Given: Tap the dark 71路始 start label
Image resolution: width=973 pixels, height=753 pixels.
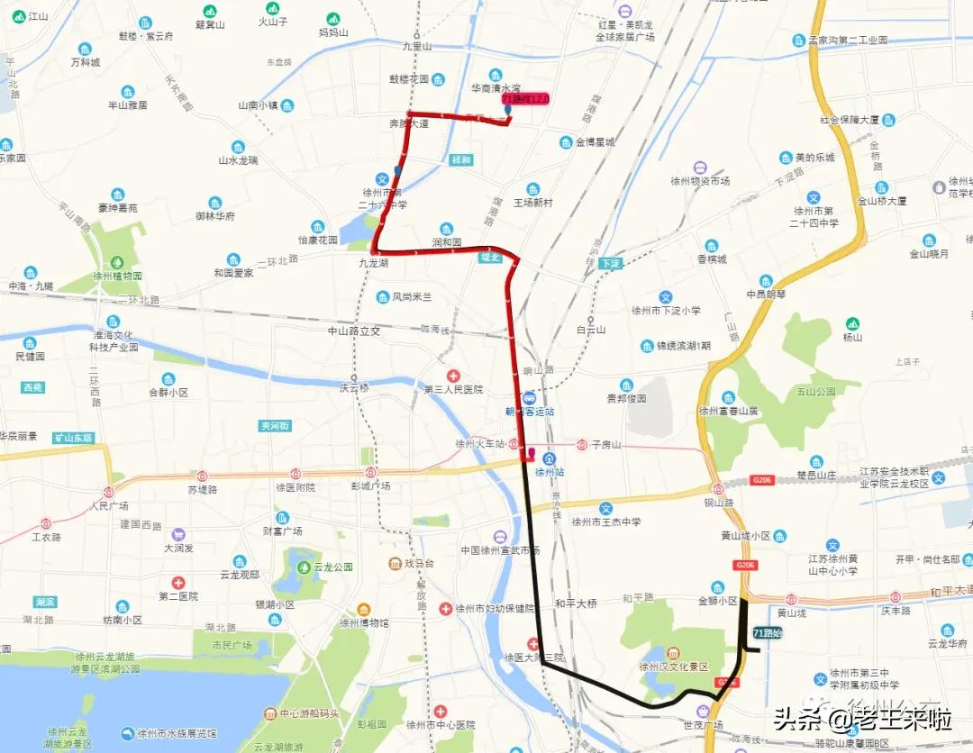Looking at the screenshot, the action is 768,634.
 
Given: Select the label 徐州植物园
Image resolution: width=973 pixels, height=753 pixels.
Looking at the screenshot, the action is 117,277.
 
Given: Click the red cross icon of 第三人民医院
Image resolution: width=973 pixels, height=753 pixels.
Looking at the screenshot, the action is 453,375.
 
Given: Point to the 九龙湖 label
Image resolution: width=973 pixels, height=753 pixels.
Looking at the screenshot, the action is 373,263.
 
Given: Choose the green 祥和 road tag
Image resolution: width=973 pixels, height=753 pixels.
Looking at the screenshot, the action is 460,159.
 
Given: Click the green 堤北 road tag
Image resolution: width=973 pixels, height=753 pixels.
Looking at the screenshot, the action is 488,258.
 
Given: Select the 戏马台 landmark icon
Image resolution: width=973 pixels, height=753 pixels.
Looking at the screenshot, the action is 395,563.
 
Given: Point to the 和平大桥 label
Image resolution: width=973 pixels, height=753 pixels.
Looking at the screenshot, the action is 576,603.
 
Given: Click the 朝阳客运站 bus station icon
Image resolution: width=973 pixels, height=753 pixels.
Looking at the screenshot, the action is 528,397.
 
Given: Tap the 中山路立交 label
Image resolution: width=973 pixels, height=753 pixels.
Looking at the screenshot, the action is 354,331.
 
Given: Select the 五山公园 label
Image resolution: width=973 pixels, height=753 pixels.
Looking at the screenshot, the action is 816,391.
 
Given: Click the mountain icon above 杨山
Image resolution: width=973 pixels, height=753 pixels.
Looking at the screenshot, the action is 852,323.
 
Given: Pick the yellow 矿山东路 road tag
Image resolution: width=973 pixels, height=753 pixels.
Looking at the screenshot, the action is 74,438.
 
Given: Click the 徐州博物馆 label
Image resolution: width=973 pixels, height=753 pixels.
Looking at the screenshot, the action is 364,622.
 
